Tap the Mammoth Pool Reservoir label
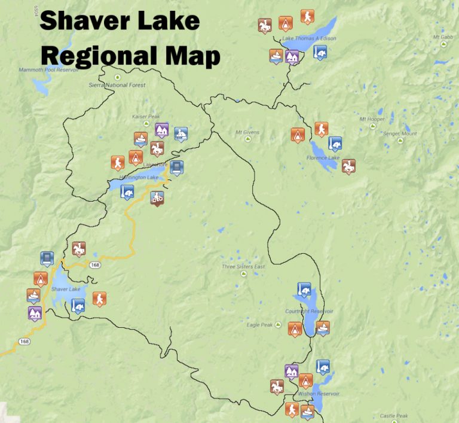click(48, 70)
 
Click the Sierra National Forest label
click(117, 86)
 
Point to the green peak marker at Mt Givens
click(248, 139)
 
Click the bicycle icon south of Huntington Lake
click(157, 197)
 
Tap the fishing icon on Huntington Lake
click(126, 191)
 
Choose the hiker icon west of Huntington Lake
click(117, 162)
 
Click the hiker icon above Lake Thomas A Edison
click(307, 16)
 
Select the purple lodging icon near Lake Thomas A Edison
click(292, 56)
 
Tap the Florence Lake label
click(323, 158)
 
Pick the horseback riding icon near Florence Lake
click(348, 166)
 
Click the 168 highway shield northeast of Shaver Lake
click(95, 264)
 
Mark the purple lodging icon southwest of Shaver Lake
click(35, 312)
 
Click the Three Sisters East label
click(243, 267)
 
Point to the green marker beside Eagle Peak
click(277, 325)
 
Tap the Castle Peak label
click(393, 416)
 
